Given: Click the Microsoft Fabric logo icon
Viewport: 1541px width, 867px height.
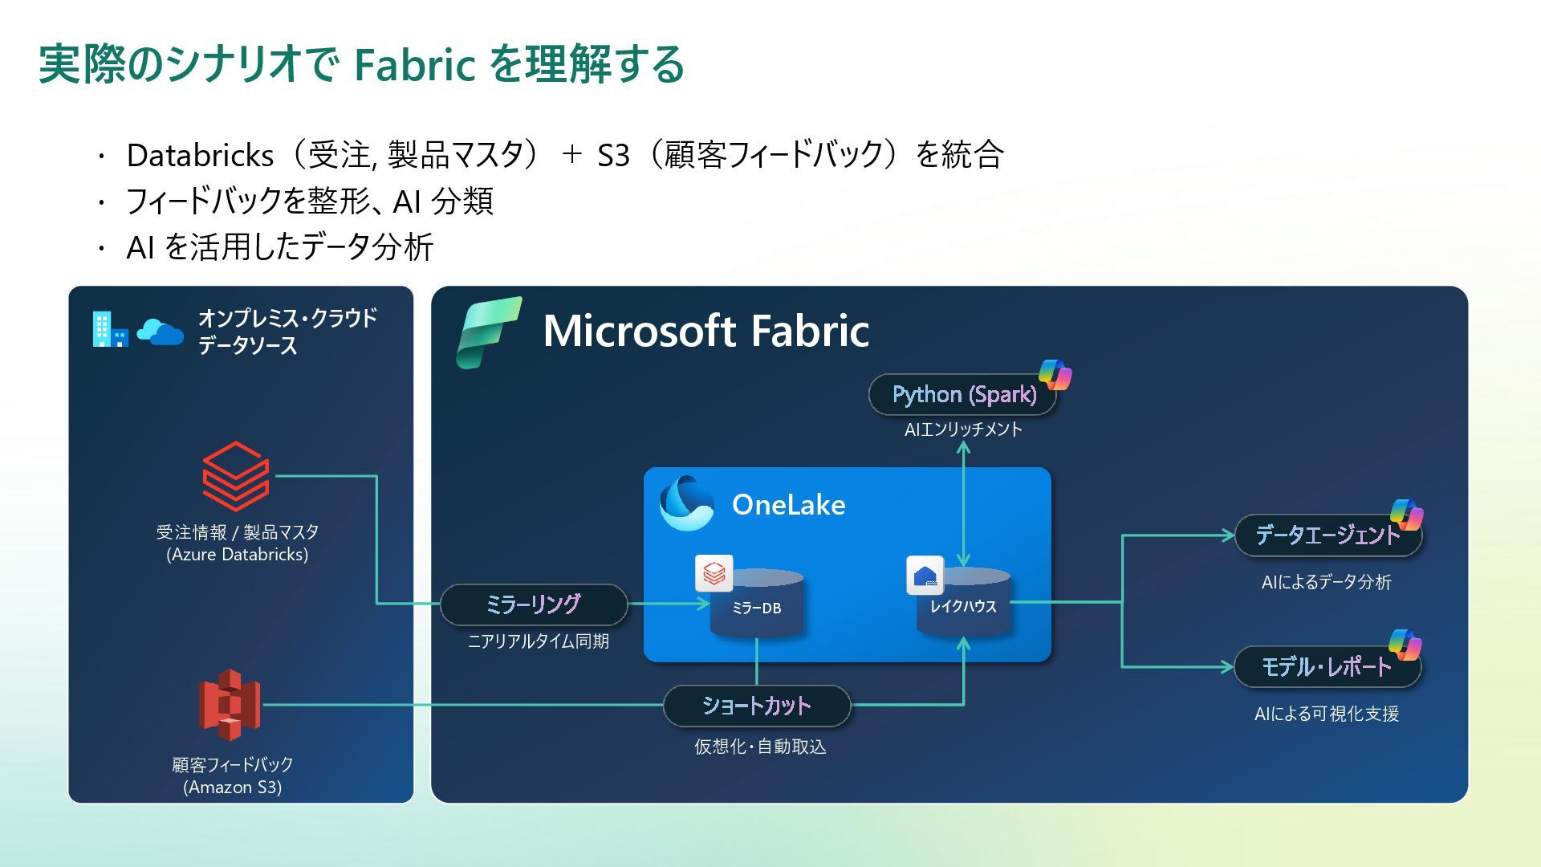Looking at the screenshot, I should (x=488, y=332).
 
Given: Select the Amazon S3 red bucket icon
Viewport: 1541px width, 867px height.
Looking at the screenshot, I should (x=230, y=705).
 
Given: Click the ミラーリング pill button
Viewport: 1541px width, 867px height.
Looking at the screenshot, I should (x=534, y=604).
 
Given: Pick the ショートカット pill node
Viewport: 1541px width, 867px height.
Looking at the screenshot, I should (x=756, y=706).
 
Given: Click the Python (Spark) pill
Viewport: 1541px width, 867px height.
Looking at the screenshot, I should (x=963, y=394).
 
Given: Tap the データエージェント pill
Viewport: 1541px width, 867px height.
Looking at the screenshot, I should (x=1326, y=535).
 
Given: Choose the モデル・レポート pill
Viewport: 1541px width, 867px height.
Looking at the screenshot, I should (x=1326, y=667).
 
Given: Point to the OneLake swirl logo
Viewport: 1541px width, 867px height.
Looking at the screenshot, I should (x=686, y=503).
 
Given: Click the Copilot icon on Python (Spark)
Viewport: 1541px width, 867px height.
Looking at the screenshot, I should (x=1055, y=375).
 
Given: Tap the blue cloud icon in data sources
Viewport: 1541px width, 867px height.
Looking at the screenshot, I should (x=160, y=331).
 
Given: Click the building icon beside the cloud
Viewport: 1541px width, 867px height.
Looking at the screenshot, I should (x=110, y=329).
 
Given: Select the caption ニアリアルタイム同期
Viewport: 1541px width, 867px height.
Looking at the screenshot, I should (x=538, y=641).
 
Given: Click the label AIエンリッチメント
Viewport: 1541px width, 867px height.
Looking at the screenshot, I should (x=963, y=429).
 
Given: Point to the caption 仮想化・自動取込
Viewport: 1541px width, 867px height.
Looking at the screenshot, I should (x=760, y=747).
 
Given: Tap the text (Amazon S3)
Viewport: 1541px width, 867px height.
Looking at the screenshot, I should (x=233, y=787).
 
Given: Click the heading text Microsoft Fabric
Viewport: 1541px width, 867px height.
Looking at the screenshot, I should (x=705, y=331).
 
